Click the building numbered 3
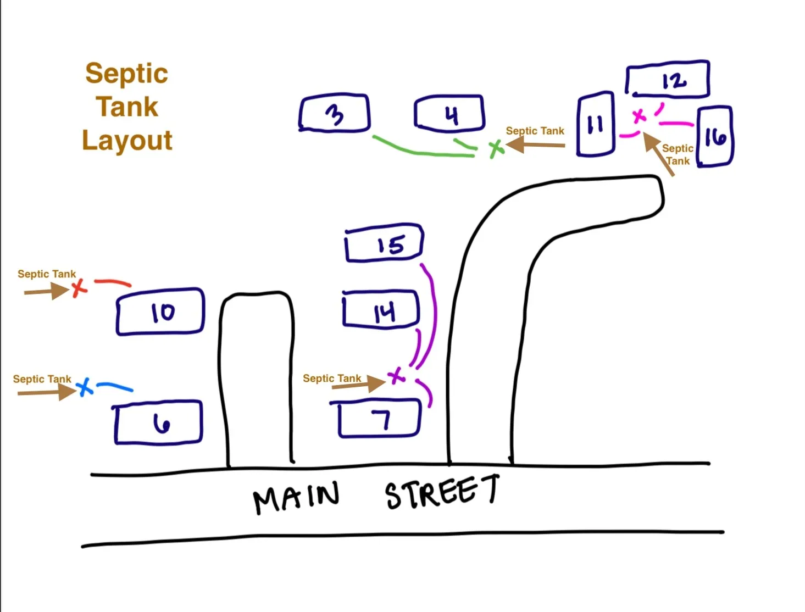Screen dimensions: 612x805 point(334,114)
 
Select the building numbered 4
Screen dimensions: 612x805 point(449,114)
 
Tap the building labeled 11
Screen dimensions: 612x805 point(595,124)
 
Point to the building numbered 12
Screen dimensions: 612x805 point(668,80)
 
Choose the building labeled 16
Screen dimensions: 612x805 point(714,136)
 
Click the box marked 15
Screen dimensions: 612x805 point(384,244)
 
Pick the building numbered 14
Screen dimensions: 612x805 point(381,310)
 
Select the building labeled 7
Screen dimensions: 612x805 point(380,420)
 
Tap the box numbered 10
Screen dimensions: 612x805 point(160,311)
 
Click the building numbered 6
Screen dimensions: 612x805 point(159,423)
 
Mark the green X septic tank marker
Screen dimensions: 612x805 point(496,148)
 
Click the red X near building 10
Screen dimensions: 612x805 point(79,287)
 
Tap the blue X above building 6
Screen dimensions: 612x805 point(84,387)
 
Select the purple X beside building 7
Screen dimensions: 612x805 point(396,376)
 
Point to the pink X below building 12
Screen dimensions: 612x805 point(639,116)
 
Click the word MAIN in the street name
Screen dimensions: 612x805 point(296,497)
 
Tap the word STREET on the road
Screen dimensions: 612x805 point(442,491)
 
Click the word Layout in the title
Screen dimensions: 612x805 point(127,141)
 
